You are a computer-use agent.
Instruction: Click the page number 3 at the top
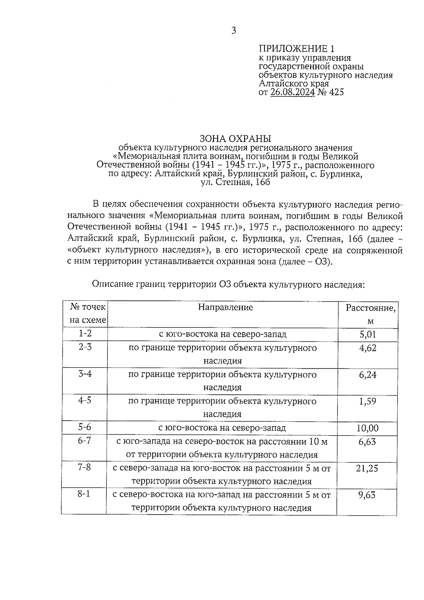pyautogui.click(x=234, y=31)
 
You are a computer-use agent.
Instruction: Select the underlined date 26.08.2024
pyautogui.click(x=293, y=92)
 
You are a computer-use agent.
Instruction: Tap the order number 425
pyautogui.click(x=336, y=92)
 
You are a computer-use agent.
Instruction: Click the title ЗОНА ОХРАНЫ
pyautogui.click(x=235, y=138)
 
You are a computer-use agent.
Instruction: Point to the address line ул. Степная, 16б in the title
pyautogui.click(x=235, y=182)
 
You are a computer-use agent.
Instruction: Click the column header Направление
pyautogui.click(x=225, y=307)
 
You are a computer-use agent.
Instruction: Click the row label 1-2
pyautogui.click(x=85, y=333)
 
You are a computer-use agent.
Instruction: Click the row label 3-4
pyautogui.click(x=85, y=373)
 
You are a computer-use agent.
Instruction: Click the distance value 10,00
pyautogui.click(x=367, y=428)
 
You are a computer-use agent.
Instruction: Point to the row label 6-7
pyautogui.click(x=85, y=441)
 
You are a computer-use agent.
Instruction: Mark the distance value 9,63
pyautogui.click(x=367, y=495)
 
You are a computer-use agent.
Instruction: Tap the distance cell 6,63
pyautogui.click(x=367, y=442)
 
